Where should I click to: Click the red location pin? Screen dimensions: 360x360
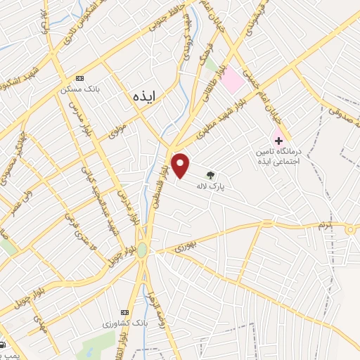click(x=181, y=165)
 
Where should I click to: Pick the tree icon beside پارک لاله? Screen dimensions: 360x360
click(x=209, y=174)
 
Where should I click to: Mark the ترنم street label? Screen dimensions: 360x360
click(x=323, y=225)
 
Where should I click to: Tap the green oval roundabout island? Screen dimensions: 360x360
click(x=142, y=250)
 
